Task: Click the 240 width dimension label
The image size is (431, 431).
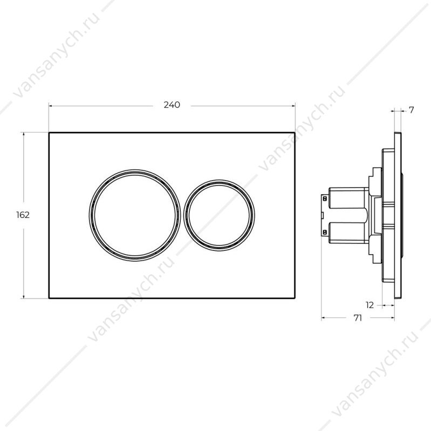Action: tap(172, 105)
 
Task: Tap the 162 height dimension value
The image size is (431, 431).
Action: tap(23, 215)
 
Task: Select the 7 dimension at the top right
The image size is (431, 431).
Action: tap(412, 110)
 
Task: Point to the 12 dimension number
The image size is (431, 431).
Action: tap(370, 305)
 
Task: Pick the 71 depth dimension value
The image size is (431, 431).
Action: tap(358, 318)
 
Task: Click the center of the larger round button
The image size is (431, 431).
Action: tap(135, 215)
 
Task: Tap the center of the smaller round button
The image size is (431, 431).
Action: tap(219, 216)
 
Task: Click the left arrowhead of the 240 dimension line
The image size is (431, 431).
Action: tap(51, 106)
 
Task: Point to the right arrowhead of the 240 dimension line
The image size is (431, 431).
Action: tap(293, 106)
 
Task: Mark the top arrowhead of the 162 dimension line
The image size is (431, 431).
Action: tap(24, 134)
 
